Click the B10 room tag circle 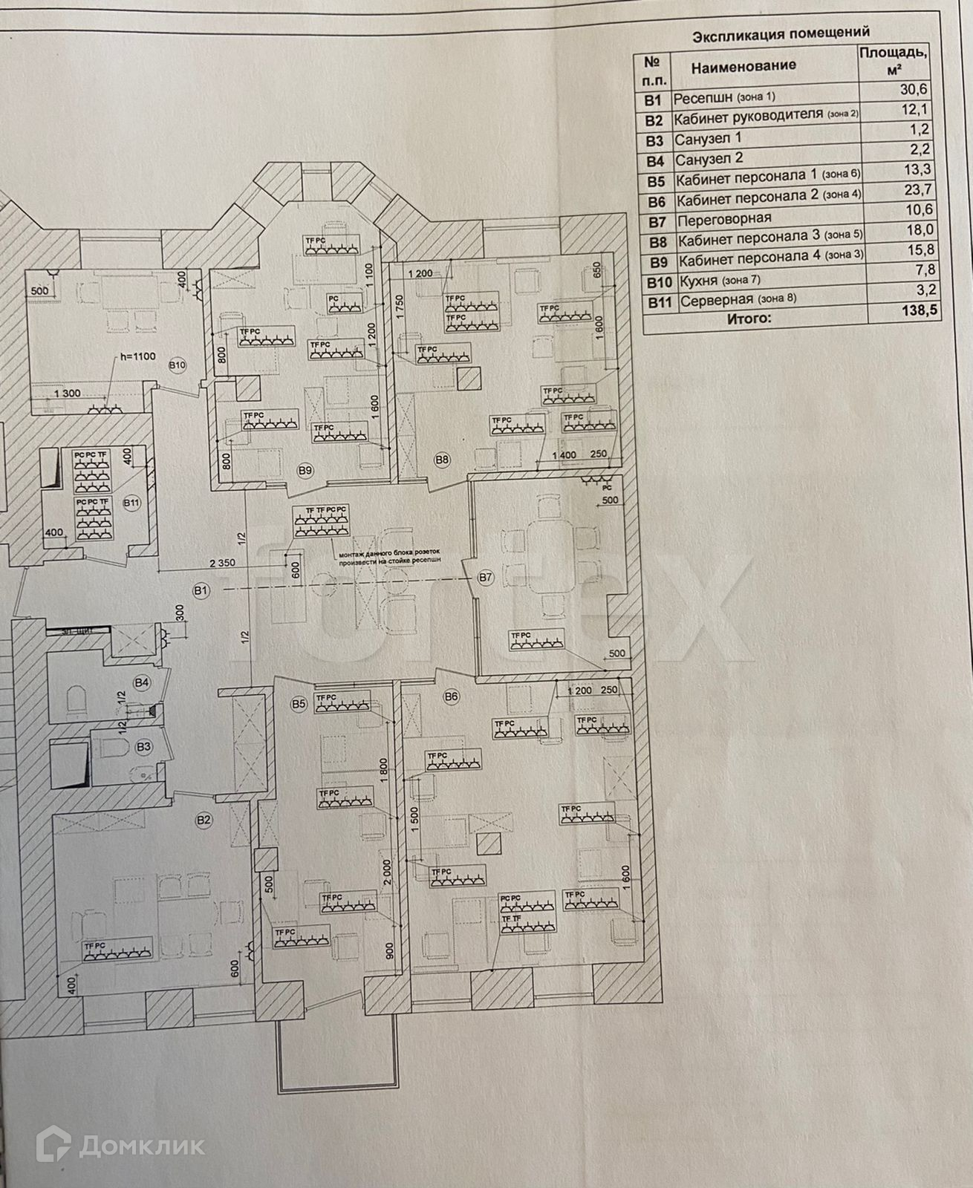point(177,365)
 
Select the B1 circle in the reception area point(199,590)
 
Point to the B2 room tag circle point(204,820)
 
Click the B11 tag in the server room point(132,503)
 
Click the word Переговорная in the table point(724,219)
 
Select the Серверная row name point(717,301)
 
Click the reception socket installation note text point(389,556)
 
